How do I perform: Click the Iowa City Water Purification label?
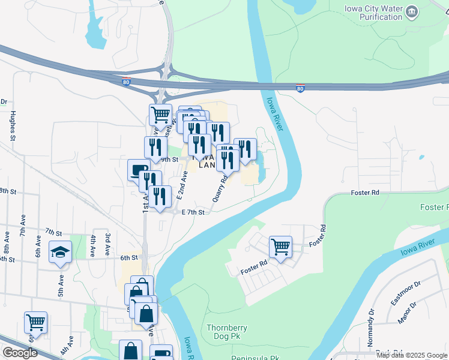(373, 13)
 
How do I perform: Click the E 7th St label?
(193, 212)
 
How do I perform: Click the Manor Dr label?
(409, 313)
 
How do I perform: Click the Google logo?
(20, 353)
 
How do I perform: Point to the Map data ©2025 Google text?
(412, 355)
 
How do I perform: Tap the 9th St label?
(169, 160)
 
